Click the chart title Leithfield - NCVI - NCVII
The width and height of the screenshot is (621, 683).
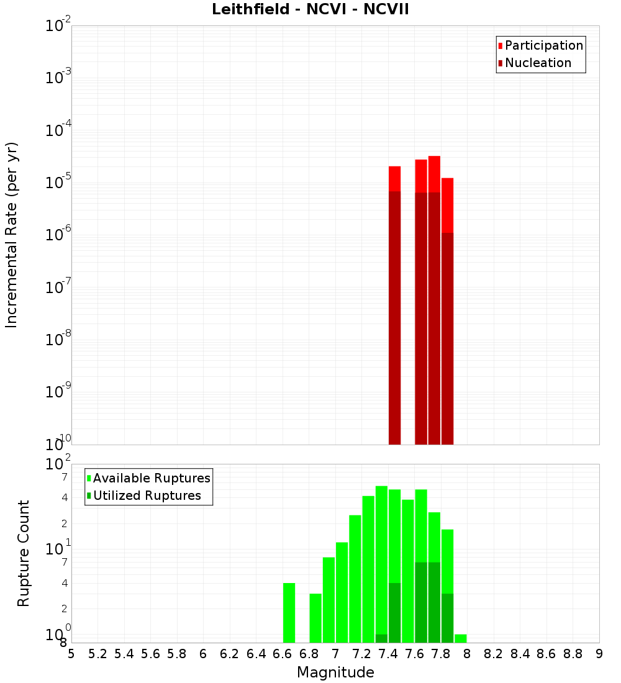pyautogui.click(x=310, y=10)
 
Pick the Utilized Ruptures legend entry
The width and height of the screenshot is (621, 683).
pyautogui.click(x=147, y=495)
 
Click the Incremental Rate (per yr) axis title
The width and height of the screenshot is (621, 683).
pyautogui.click(x=12, y=235)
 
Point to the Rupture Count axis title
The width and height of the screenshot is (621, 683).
pyautogui.click(x=24, y=553)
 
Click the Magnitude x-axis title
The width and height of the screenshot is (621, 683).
pyautogui.click(x=335, y=672)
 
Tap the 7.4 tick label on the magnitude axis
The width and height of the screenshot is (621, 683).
pyautogui.click(x=389, y=654)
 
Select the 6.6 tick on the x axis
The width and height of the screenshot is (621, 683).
pyautogui.click(x=283, y=654)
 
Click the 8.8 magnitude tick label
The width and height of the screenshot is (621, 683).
pyautogui.click(x=573, y=654)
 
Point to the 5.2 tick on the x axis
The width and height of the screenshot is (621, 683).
pyautogui.click(x=98, y=654)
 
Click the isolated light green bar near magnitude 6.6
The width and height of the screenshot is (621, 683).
pyautogui.click(x=289, y=613)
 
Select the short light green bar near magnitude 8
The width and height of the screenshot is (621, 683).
pyautogui.click(x=461, y=638)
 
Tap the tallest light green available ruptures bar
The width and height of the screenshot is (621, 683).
pyautogui.click(x=381, y=559)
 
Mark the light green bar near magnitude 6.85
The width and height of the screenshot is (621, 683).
pyautogui.click(x=315, y=618)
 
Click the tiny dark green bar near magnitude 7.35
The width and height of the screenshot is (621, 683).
pyautogui.click(x=381, y=638)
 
